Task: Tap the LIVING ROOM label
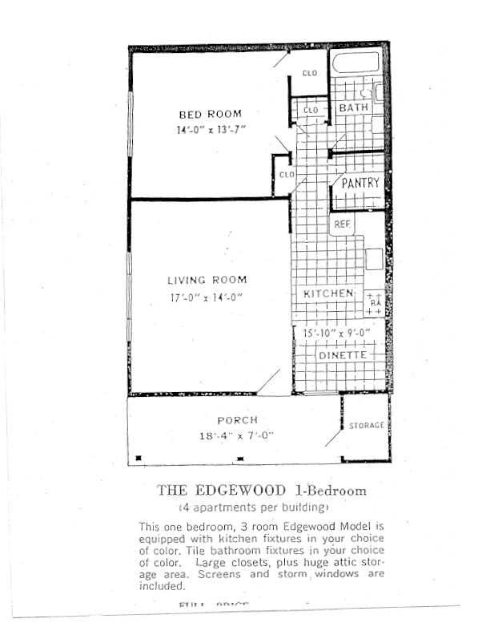[207, 281]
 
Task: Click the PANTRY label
[360, 183]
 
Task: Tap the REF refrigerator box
[343, 224]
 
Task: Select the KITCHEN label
[328, 294]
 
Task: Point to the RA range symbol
[375, 303]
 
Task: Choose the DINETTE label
[342, 355]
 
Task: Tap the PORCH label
[237, 420]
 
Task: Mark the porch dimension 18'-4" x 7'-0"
[237, 436]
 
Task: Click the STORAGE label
[366, 426]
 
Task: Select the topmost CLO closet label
[309, 74]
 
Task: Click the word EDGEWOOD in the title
[239, 491]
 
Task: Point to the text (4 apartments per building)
[253, 508]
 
